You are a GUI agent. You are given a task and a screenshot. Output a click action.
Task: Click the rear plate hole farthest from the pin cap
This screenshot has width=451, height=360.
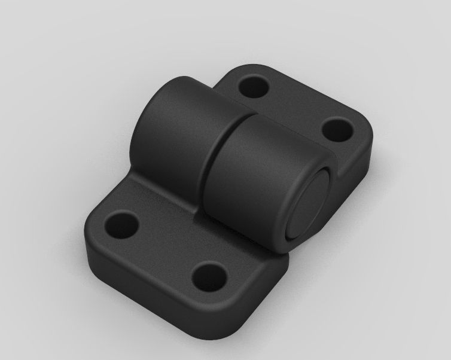253,87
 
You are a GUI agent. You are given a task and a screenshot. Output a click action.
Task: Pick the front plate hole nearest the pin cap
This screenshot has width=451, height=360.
210,276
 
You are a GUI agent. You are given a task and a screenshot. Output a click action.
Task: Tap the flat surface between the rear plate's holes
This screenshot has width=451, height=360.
293,108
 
